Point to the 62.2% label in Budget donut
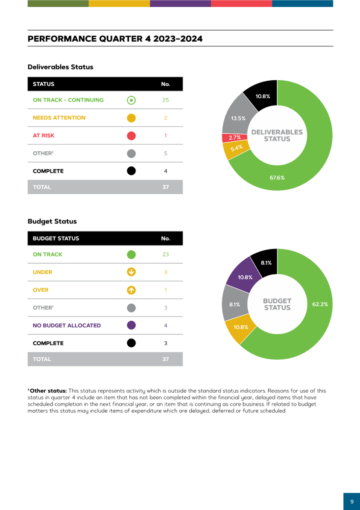(x=320, y=305)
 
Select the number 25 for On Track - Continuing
(x=166, y=100)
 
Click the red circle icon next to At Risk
(x=131, y=136)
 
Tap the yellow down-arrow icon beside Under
(x=131, y=272)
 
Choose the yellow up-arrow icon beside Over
(x=131, y=290)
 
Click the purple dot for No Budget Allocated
(x=131, y=325)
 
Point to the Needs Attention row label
(x=59, y=118)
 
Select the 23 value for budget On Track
(x=166, y=254)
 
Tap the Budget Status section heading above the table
(x=52, y=221)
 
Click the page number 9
(x=351, y=501)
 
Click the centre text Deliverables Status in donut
(x=277, y=135)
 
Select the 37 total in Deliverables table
(x=166, y=187)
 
